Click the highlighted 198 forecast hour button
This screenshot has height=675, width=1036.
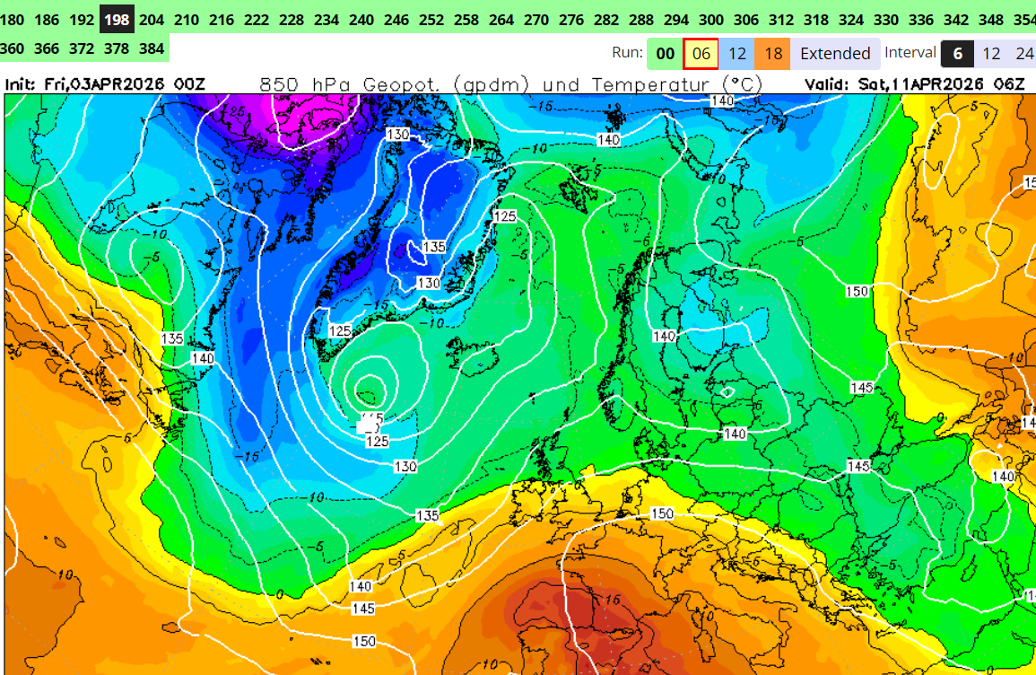(117, 18)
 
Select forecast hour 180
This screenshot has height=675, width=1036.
(13, 18)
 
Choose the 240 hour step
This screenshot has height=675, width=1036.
(361, 18)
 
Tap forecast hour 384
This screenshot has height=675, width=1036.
(152, 48)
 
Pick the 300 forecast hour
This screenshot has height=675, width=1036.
(710, 18)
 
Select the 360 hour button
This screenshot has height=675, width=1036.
(13, 48)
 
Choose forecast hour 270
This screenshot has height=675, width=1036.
(535, 18)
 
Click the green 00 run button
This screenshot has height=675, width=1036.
(665, 54)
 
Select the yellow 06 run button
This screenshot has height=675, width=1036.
(701, 54)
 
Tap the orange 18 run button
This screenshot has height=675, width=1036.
(773, 54)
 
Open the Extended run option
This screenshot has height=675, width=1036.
(835, 54)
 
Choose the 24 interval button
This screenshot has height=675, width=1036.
(1024, 54)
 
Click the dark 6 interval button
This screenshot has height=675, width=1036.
(958, 54)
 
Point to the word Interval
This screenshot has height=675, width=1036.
(910, 53)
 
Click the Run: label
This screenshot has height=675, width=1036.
(627, 53)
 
